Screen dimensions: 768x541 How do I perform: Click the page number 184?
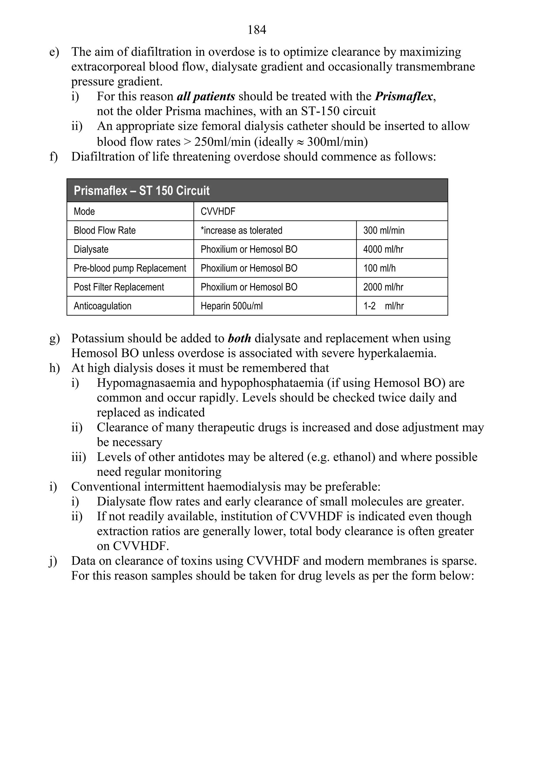[257, 30]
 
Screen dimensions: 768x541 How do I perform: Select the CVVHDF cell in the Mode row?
[218, 211]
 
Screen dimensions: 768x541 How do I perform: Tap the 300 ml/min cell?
[384, 230]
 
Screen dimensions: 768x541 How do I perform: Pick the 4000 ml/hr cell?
[383, 249]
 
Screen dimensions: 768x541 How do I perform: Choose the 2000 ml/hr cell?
[383, 287]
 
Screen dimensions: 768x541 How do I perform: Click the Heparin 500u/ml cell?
[231, 306]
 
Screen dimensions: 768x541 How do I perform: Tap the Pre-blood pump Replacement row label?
[130, 268]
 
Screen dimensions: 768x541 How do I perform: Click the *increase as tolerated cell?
[241, 230]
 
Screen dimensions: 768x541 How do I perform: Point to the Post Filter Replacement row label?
[119, 287]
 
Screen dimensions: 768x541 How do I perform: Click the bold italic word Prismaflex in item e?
[404, 97]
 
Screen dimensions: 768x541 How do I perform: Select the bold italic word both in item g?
[239, 339]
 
